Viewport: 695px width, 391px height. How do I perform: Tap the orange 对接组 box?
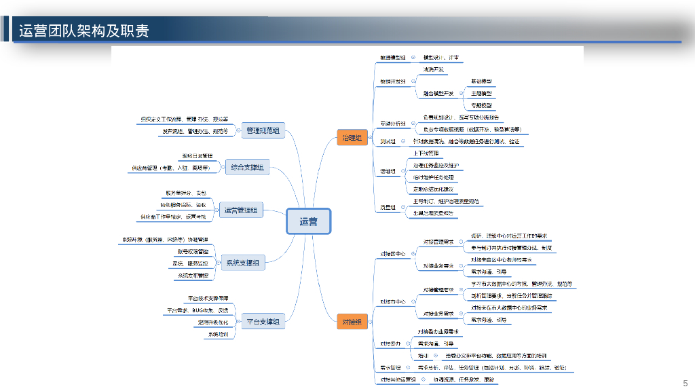point(352,322)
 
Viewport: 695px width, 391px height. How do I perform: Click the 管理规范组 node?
point(263,130)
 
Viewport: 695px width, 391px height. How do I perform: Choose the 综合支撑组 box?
point(247,167)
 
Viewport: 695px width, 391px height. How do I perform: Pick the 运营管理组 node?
point(241,210)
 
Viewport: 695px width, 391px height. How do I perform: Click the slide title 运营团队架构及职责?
point(84,31)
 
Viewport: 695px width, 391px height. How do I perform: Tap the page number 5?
point(685,382)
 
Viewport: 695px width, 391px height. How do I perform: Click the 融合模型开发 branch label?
point(438,93)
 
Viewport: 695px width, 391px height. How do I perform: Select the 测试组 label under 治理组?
point(388,141)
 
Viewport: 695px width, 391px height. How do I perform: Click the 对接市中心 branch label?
point(393,301)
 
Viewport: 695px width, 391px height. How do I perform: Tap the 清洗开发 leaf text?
point(433,70)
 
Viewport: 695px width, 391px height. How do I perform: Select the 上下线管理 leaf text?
point(426,153)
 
